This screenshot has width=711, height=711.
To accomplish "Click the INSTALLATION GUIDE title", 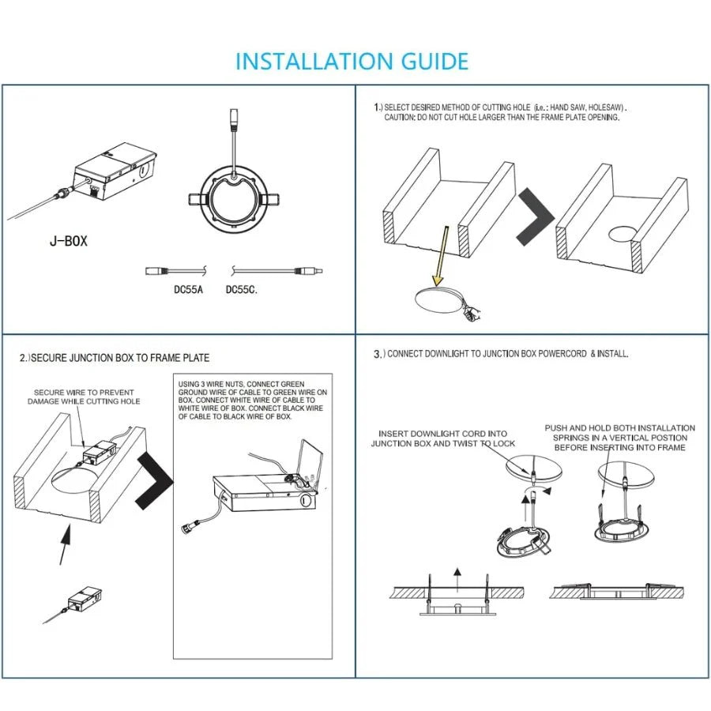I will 352,61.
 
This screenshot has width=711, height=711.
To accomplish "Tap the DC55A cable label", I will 188,289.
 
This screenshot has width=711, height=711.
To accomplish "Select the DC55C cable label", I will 242,289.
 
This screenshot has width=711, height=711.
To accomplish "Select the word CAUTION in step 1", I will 399,117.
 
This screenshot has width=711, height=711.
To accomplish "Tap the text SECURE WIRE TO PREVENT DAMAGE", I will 83,397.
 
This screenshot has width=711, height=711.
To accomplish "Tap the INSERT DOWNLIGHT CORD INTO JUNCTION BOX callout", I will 442,438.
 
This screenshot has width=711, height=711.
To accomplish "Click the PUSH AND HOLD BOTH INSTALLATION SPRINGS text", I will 620,438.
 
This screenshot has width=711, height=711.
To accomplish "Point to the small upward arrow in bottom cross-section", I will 455,574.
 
